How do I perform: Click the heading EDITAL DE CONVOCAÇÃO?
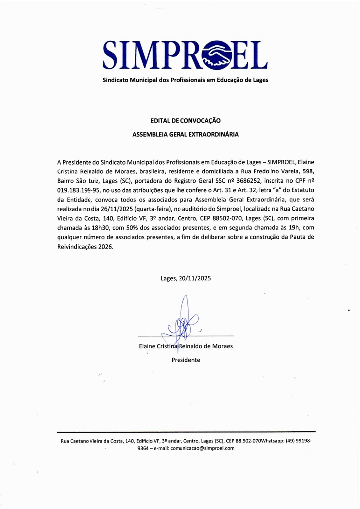coord(185,121)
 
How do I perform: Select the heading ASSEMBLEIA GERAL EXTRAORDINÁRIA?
coord(185,134)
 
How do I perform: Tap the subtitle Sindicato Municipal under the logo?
coord(185,80)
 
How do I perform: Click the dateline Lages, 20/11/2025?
coord(185,278)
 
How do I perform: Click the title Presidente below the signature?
coord(185,360)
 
